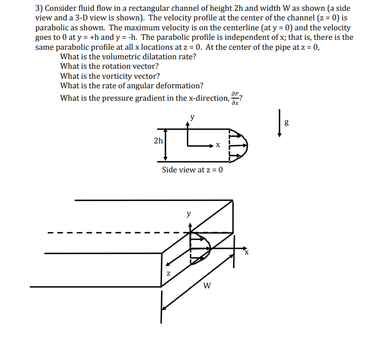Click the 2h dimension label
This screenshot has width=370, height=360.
pos(158,140)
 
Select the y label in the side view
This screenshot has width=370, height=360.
pos(192,117)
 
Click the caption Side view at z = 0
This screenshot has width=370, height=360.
pos(192,169)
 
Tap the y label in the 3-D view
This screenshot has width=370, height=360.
pos(189,214)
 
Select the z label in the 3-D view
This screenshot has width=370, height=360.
pos(168,273)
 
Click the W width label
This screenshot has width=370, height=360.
pos(208,285)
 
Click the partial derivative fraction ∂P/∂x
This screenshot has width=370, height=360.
pos(235,98)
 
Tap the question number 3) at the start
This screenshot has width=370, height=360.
pos(39,8)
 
